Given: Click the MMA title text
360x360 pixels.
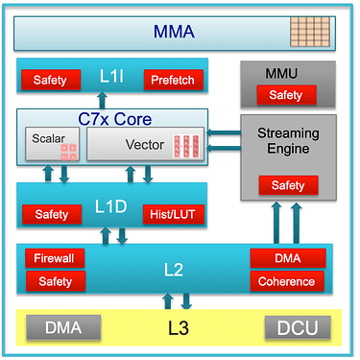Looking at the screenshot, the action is (x=174, y=32).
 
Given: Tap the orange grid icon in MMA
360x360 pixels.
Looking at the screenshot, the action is (x=310, y=33).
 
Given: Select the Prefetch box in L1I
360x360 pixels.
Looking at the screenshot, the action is (x=173, y=80).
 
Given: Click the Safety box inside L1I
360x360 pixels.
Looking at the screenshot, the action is (x=51, y=80).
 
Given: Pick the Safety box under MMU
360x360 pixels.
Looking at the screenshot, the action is (x=286, y=95).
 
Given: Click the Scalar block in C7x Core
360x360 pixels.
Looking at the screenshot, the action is (x=53, y=143).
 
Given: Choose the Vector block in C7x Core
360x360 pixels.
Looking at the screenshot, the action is (x=145, y=143).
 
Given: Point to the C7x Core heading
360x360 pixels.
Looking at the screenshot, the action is (x=115, y=119).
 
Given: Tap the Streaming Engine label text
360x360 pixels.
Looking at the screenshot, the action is (x=288, y=141).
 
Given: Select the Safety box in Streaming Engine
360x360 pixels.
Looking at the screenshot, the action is (x=288, y=185).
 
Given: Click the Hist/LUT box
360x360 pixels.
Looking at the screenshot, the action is (x=173, y=214).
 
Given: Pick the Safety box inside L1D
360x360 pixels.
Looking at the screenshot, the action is (x=52, y=214).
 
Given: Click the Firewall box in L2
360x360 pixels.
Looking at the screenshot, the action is (x=55, y=258).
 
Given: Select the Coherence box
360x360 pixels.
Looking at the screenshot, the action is (x=287, y=281).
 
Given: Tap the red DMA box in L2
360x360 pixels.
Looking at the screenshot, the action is (x=288, y=258).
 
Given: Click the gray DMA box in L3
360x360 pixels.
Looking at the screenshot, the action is (x=63, y=327).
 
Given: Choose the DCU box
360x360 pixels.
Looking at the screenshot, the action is (x=298, y=327).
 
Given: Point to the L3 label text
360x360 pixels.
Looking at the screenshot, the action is (x=179, y=328).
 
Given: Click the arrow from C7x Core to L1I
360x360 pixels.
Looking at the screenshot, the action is (x=103, y=101).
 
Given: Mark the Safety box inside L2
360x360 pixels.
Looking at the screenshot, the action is (x=56, y=281).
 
